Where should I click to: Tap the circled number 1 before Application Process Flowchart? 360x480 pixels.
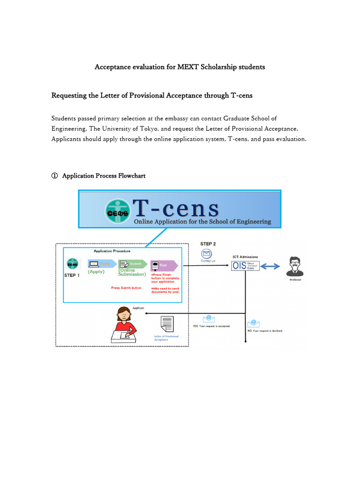[x=54, y=176]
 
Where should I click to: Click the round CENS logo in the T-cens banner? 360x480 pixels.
[x=118, y=211]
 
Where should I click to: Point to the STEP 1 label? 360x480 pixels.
[x=72, y=275]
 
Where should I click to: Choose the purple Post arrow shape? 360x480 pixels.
[x=163, y=265]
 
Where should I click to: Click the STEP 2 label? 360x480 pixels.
[x=208, y=244]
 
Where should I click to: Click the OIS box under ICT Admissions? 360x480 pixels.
[x=245, y=266]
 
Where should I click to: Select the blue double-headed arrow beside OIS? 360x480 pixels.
[x=270, y=266]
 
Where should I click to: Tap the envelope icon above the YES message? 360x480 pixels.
[x=209, y=319]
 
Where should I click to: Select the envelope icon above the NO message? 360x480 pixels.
[x=254, y=323]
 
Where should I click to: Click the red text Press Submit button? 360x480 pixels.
[x=126, y=288]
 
